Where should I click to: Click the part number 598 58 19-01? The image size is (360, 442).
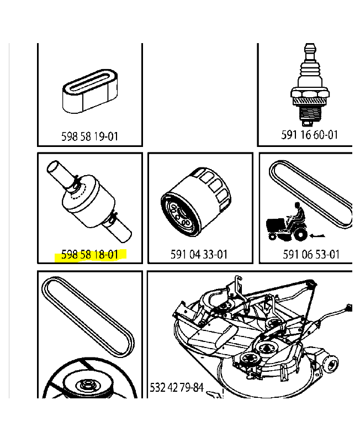tap(89, 136)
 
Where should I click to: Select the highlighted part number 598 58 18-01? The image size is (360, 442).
tap(89, 255)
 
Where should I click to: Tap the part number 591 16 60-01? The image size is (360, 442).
tap(310, 134)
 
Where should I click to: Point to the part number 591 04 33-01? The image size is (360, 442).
tap(200, 255)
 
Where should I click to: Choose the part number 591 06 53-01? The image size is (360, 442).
tap(311, 255)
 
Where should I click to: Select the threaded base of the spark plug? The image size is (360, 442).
tap(310, 114)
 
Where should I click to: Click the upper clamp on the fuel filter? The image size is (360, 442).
tap(76, 180)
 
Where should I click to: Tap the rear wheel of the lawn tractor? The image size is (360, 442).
tap(300, 235)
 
